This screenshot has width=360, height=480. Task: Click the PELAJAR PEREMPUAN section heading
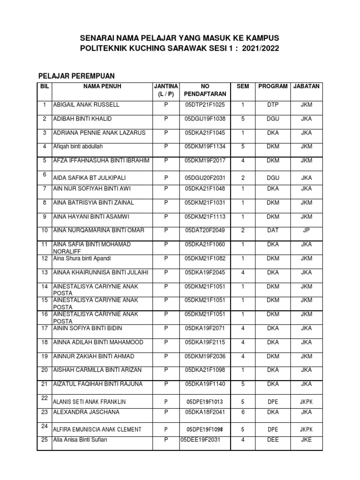click(x=76, y=75)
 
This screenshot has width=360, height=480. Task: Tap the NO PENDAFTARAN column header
click(x=205, y=90)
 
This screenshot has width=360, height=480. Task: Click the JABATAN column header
click(x=306, y=87)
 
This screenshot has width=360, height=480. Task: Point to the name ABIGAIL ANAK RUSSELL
click(x=86, y=105)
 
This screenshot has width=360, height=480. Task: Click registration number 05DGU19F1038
click(x=205, y=119)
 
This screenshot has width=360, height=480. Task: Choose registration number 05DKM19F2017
click(x=205, y=161)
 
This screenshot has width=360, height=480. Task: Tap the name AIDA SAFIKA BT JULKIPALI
click(x=90, y=178)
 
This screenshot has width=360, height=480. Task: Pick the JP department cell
click(x=306, y=230)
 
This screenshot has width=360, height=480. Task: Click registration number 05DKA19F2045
click(x=205, y=272)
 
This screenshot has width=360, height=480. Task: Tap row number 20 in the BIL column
click(x=45, y=370)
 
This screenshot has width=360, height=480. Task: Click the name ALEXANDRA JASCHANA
click(x=86, y=412)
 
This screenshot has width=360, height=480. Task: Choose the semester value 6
click(x=243, y=412)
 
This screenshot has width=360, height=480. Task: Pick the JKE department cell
click(x=306, y=440)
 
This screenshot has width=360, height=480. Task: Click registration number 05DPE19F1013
click(x=205, y=402)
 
